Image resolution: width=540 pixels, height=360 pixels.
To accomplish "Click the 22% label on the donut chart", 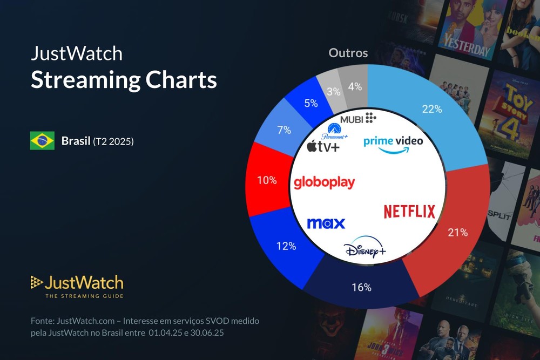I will tap(432, 109).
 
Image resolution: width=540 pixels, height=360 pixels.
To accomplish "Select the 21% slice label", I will tap(457, 233).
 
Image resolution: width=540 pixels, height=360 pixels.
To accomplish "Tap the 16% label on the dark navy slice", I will tap(361, 287).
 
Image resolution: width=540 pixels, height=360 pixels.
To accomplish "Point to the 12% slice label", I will tap(286, 246).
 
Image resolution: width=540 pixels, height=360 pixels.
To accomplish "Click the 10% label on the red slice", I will tap(267, 180).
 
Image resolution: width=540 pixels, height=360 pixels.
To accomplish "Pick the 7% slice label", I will tap(284, 130).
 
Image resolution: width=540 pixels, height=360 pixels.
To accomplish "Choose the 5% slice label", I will tap(310, 103).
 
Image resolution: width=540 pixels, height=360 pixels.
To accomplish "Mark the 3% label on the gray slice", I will tap(333, 91).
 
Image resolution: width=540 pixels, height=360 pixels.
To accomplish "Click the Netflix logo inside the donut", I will tap(409, 212).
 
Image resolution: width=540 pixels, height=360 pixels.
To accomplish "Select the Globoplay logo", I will tap(324, 182).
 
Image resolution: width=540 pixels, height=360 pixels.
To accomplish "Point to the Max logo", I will tap(326, 223).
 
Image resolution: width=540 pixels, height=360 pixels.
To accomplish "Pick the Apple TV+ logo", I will tap(323, 146).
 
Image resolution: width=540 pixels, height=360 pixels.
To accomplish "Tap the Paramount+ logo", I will tap(334, 132).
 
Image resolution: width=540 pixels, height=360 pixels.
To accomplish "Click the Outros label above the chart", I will tap(348, 53).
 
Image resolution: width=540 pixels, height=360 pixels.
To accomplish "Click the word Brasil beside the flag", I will tap(76, 141).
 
